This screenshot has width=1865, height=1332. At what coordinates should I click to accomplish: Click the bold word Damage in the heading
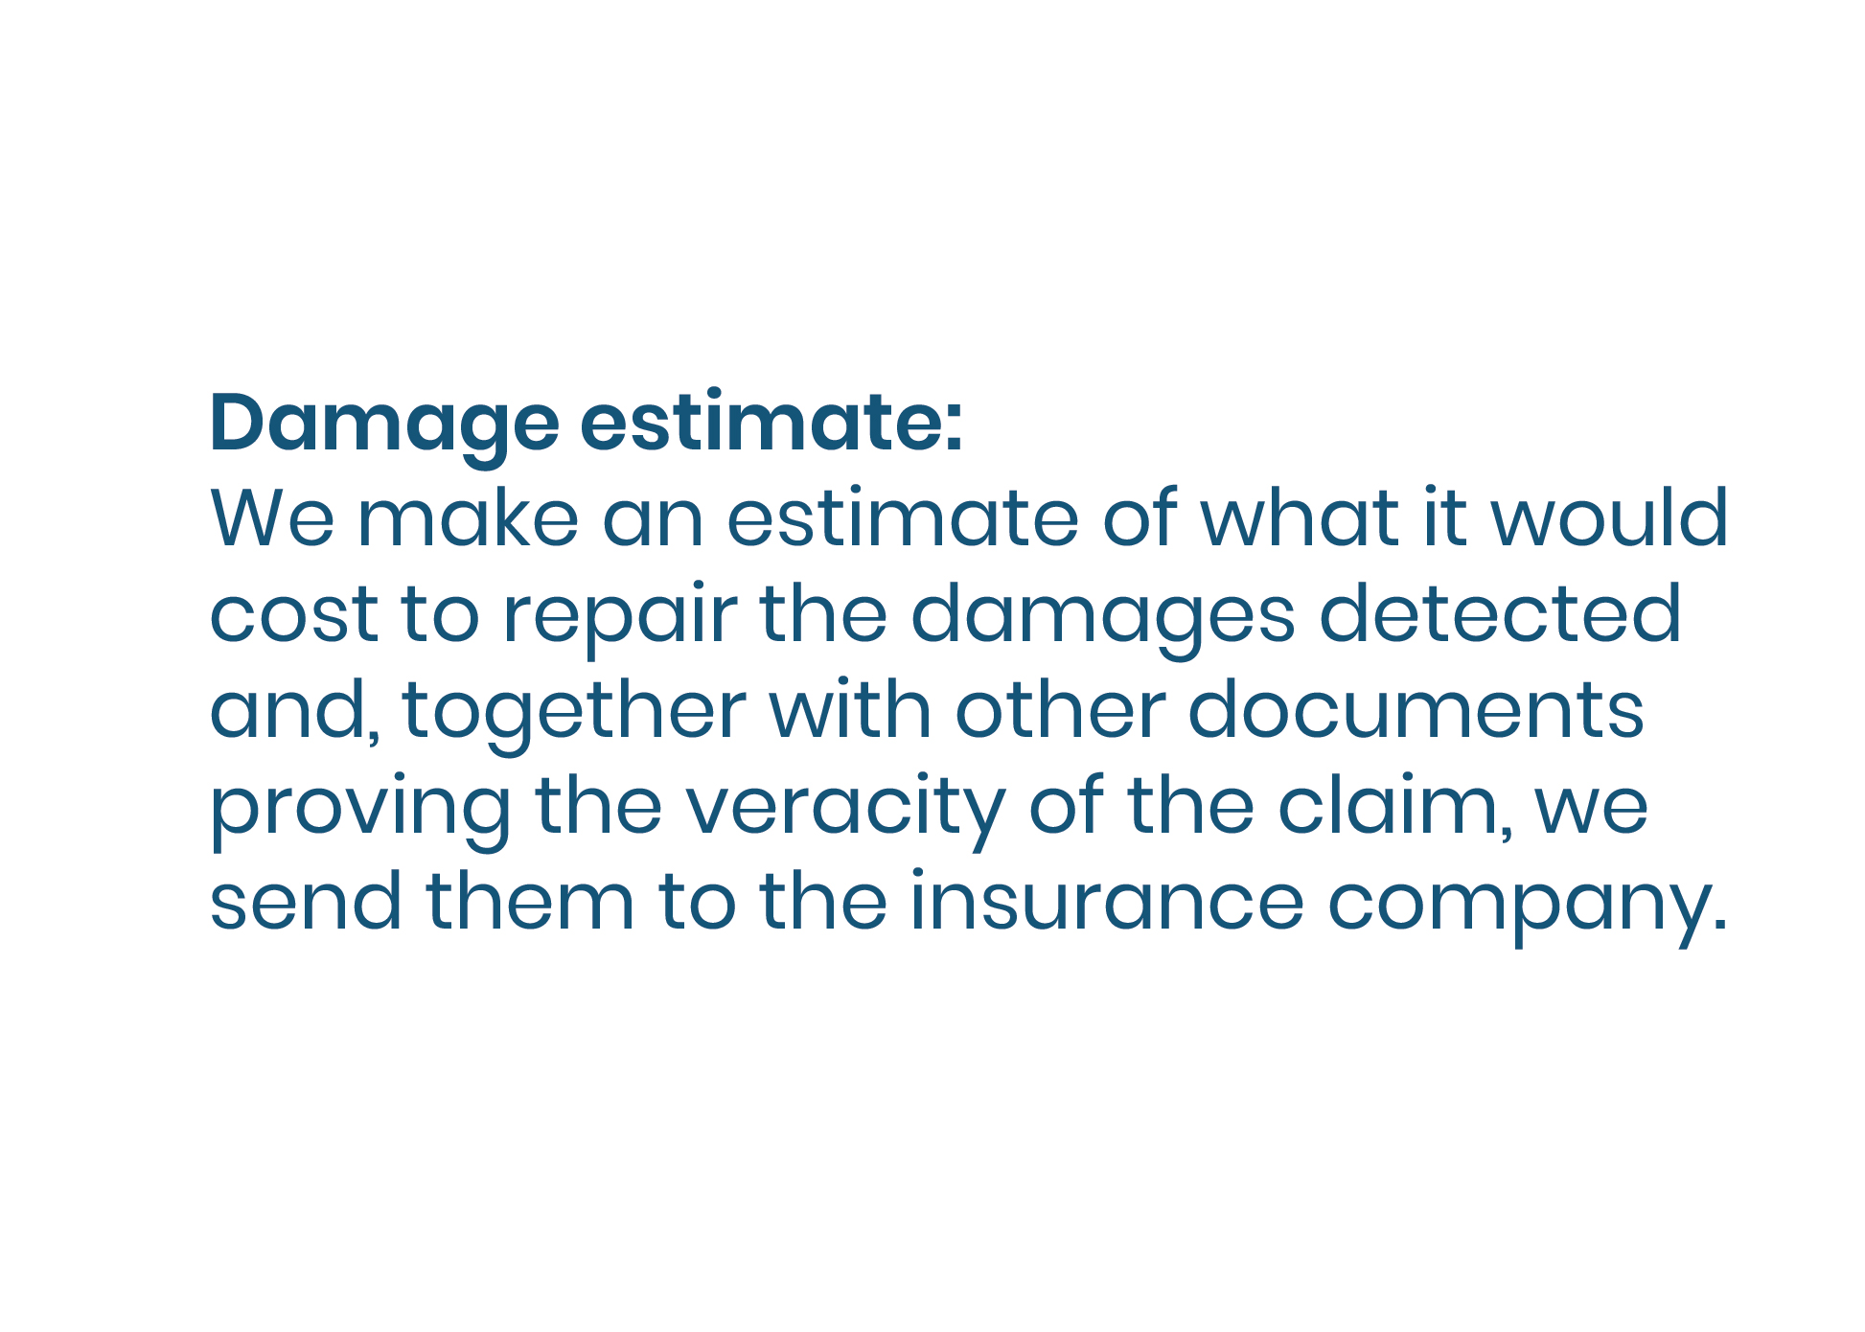point(383,424)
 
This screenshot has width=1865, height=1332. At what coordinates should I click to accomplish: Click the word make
point(468,517)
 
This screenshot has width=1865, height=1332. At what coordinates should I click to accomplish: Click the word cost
point(294,614)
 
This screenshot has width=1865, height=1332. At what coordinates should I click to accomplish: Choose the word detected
point(1500,613)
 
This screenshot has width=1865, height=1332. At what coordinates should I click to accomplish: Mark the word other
point(1061,709)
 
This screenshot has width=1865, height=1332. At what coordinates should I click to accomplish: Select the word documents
point(1416,709)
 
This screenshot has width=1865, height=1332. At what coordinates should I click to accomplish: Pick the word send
point(306,901)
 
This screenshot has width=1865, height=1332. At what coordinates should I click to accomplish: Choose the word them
point(531,901)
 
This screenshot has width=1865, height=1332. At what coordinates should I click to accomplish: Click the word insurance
point(1107,901)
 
